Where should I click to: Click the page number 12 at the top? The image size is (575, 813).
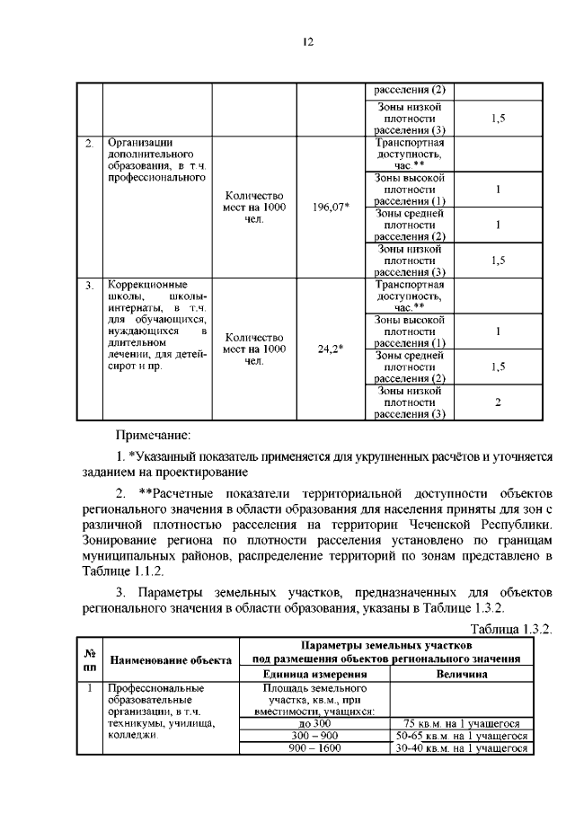tap(306, 41)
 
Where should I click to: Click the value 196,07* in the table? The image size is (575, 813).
tap(332, 208)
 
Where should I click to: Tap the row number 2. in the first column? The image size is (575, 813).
tap(89, 143)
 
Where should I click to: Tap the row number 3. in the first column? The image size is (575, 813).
tap(89, 285)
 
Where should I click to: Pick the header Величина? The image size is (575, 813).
tap(462, 675)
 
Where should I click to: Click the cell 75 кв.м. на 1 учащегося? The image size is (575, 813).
tap(462, 724)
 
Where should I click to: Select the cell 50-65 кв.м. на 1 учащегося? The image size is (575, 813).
tap(462, 736)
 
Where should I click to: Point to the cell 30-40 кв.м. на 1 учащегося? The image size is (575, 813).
tap(462, 747)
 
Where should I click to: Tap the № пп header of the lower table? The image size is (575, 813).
tap(90, 659)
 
